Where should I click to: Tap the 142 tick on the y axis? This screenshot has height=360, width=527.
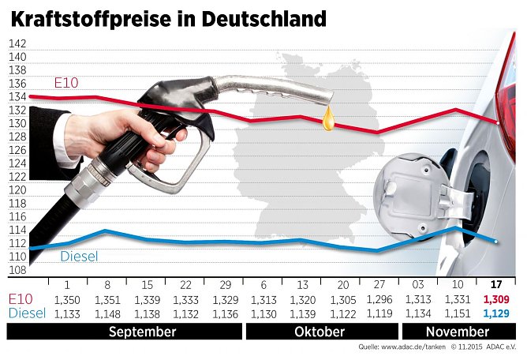[17, 44]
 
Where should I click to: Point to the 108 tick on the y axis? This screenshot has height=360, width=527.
[17, 270]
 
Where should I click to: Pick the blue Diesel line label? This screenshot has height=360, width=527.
[79, 257]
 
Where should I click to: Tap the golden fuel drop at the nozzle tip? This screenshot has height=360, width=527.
[328, 119]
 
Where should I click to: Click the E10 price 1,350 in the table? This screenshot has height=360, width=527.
[66, 300]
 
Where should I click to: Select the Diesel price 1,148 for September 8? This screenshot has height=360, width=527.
[107, 313]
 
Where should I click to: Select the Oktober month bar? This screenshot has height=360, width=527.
[320, 332]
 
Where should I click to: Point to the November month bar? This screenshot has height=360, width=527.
[457, 332]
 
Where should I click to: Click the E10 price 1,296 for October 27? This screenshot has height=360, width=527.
[379, 300]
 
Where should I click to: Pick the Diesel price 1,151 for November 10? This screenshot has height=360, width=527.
[458, 313]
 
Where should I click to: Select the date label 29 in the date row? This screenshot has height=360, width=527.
[223, 285]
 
